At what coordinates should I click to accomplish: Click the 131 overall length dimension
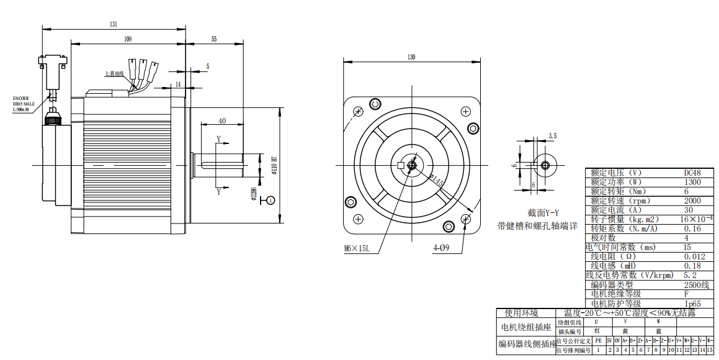[114, 24]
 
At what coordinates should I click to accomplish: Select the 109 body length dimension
[127, 39]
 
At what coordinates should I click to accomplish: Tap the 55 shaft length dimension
[214, 39]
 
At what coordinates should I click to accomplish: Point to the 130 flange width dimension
[411, 56]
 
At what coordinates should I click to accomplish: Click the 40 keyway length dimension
[222, 121]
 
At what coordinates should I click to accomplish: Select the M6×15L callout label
[357, 248]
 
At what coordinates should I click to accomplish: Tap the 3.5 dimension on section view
[553, 135]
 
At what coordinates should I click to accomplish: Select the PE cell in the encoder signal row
[598, 341]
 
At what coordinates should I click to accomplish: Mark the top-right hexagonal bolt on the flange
[473, 128]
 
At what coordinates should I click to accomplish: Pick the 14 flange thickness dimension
[178, 83]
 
